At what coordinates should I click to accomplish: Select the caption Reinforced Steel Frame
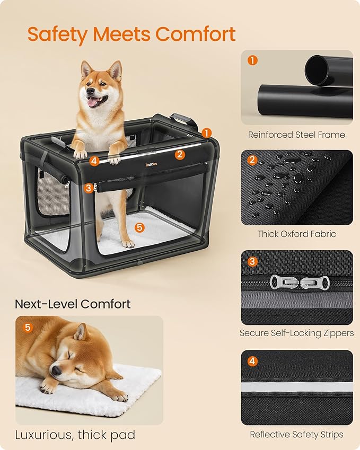[x=296, y=135]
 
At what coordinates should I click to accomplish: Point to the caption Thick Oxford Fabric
[x=296, y=234]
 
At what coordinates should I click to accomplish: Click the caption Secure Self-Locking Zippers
[x=296, y=333]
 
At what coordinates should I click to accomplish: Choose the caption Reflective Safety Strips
[x=296, y=434]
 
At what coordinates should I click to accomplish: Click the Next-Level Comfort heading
[x=73, y=304]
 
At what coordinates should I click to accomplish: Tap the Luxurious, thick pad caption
[x=75, y=435]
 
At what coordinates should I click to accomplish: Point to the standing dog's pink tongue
[x=93, y=102]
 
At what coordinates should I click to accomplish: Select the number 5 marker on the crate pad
[x=139, y=227]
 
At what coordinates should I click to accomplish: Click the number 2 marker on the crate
[x=180, y=154]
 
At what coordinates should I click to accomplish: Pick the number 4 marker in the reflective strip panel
[x=252, y=361]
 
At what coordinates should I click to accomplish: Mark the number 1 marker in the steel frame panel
[x=252, y=60]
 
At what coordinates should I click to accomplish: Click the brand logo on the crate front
[x=138, y=164]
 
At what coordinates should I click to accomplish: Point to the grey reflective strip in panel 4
[x=297, y=387]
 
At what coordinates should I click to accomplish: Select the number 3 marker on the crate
[x=89, y=187]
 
